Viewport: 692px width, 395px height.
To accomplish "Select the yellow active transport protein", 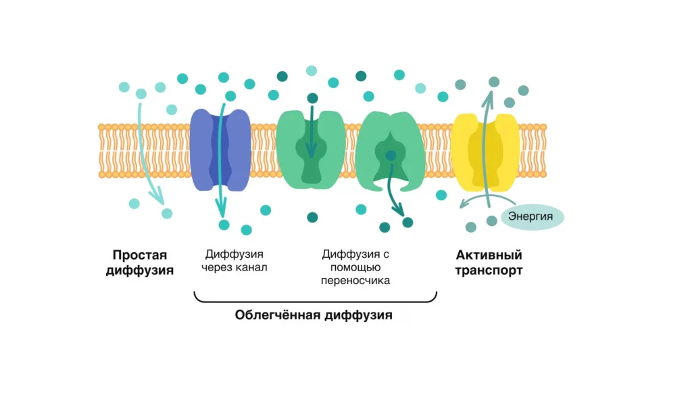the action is click(485, 152).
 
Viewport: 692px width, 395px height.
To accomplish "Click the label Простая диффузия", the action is click(139, 262).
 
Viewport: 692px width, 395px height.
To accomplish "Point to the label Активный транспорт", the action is click(489, 262).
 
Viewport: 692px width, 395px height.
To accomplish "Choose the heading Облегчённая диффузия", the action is click(314, 315).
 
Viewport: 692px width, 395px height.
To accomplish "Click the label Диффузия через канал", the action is click(234, 260).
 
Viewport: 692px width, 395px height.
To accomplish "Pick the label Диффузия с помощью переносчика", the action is click(355, 267).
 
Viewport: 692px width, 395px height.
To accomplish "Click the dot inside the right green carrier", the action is click(391, 156).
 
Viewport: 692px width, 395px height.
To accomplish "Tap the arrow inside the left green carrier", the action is click(312, 132).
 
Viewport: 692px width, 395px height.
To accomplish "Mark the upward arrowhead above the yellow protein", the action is click(488, 99).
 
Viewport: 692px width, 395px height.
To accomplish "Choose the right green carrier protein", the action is click(390, 151).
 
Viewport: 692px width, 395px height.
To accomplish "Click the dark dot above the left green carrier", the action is click(312, 98).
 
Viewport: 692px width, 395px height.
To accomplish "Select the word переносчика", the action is click(355, 281).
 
